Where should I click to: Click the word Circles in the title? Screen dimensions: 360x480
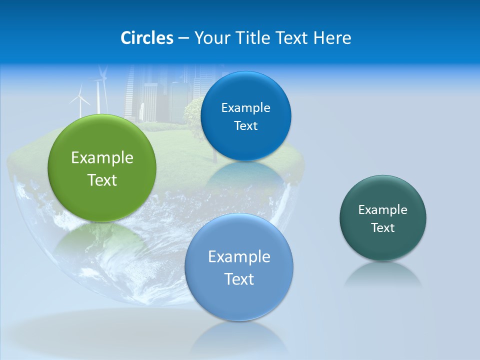click(147, 38)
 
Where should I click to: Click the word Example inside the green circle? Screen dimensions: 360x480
click(102, 158)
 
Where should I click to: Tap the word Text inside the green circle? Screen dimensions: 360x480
click(102, 180)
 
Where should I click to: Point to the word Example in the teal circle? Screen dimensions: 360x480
click(383, 210)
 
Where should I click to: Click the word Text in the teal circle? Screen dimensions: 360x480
click(383, 228)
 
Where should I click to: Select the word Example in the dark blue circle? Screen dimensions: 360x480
click(245, 108)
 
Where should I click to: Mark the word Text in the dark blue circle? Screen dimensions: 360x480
click(245, 126)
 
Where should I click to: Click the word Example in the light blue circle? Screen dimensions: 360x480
click(239, 257)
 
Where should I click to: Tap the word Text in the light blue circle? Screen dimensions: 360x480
click(239, 279)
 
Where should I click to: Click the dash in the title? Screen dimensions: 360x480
click(183, 38)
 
